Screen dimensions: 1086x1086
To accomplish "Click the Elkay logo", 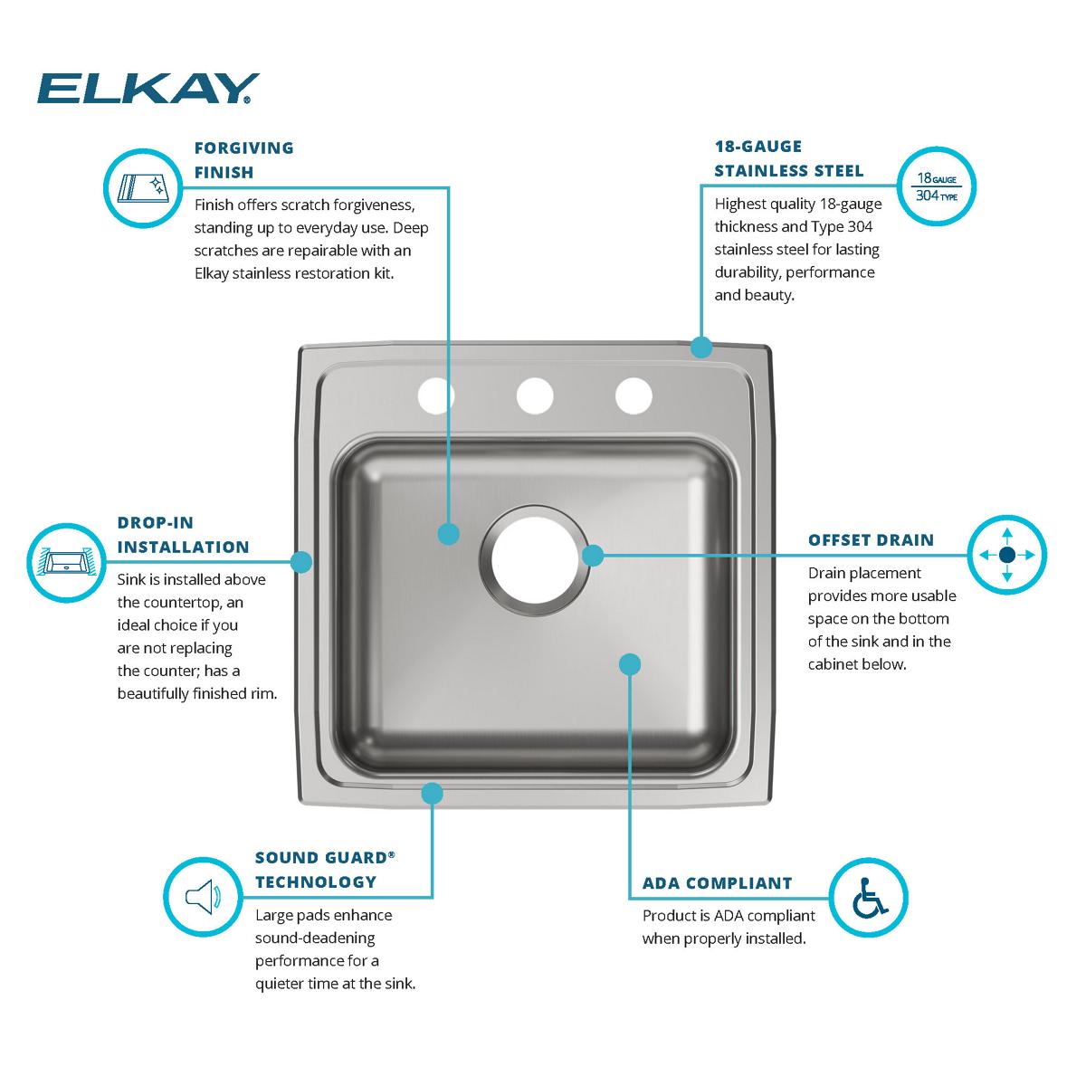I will tap(148, 89).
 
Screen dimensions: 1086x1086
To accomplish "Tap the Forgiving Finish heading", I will tap(244, 159).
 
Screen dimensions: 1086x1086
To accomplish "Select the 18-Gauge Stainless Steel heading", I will tap(788, 158).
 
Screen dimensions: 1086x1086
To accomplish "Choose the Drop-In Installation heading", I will tap(183, 534).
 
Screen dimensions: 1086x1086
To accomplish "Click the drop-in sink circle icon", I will tap(66, 562).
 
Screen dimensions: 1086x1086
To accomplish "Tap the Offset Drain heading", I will tap(871, 540).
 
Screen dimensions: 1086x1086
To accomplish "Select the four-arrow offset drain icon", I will tap(1007, 555).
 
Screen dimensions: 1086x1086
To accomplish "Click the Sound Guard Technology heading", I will tap(325, 869).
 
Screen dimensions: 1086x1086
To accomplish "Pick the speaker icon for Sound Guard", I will tap(203, 897).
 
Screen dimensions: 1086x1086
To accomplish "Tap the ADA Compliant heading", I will tap(717, 883).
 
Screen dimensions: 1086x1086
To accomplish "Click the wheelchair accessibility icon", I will tap(869, 897).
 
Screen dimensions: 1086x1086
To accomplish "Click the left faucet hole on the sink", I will tap(435, 395).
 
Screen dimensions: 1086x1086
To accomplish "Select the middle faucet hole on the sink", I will tap(535, 395).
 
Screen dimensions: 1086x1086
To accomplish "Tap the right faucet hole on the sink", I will tap(633, 395).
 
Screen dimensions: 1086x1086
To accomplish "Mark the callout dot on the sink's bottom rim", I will tap(432, 794).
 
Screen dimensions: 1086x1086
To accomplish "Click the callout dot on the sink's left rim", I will tap(301, 562).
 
